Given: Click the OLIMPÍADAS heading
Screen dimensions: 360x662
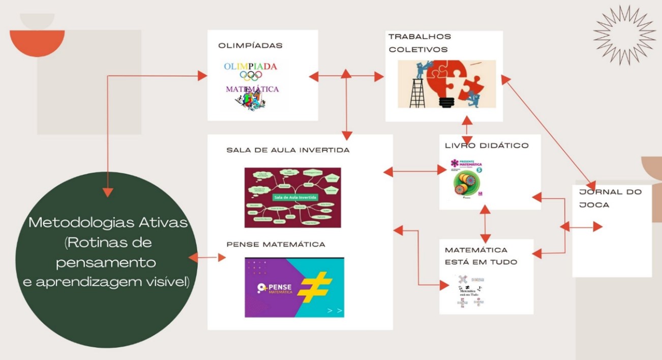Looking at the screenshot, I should coord(250,46).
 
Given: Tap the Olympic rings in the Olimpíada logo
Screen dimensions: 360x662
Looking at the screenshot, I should coord(251,76).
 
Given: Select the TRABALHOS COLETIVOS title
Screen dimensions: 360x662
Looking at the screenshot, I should coord(419,43).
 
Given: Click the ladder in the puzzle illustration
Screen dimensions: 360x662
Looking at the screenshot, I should coord(417,92).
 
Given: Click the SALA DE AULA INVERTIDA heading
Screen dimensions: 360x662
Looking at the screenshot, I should coord(288,151).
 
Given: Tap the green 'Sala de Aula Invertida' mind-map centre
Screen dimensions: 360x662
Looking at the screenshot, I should coord(295,197).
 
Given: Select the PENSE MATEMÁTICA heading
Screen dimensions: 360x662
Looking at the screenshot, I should coord(276,245).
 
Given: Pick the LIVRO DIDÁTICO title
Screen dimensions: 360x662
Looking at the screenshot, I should coord(487,146).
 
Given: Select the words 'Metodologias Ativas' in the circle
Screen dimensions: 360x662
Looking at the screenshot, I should coord(108,223).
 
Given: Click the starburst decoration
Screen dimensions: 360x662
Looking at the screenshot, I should coord(624,35).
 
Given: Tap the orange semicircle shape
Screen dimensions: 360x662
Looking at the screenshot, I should coord(37,41).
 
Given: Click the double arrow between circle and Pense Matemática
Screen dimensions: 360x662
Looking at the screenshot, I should coord(207,258).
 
